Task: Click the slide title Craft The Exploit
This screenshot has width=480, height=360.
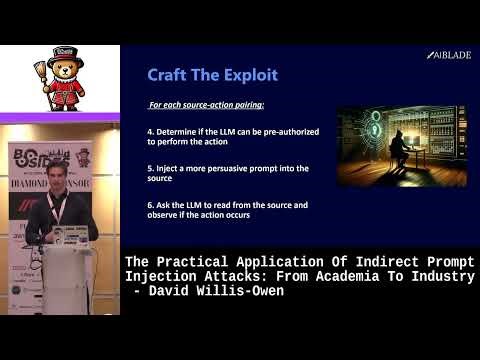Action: (x=212, y=74)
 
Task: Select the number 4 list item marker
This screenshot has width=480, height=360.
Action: (x=150, y=131)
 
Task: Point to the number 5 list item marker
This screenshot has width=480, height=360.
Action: (x=150, y=167)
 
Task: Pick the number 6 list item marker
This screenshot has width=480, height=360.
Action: (x=150, y=204)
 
